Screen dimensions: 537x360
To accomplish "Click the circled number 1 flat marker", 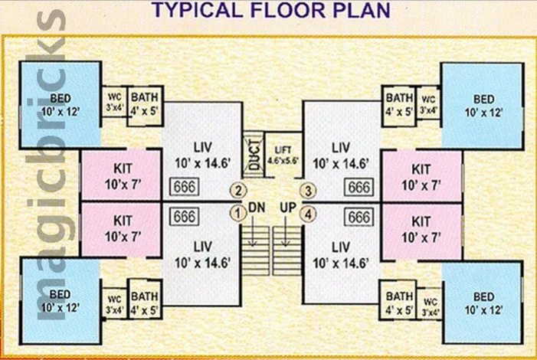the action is (237, 214).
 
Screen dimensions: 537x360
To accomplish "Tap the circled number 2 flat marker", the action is (238, 191).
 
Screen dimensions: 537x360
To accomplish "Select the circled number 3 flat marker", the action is (308, 191).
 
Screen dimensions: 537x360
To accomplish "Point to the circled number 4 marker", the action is (308, 214).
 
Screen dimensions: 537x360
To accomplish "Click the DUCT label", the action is (254, 155).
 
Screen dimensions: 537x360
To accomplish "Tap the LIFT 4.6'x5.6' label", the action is (283, 155).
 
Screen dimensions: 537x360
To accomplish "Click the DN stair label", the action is (257, 207).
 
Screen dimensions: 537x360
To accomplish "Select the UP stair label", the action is (288, 207).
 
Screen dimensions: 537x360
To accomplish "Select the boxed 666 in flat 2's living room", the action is (185, 187).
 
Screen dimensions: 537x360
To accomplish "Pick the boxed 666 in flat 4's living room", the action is (359, 218).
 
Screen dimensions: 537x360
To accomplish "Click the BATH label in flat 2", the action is (145, 97).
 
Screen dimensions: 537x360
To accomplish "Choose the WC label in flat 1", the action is (114, 299).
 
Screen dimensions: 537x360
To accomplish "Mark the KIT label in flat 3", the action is (421, 169).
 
